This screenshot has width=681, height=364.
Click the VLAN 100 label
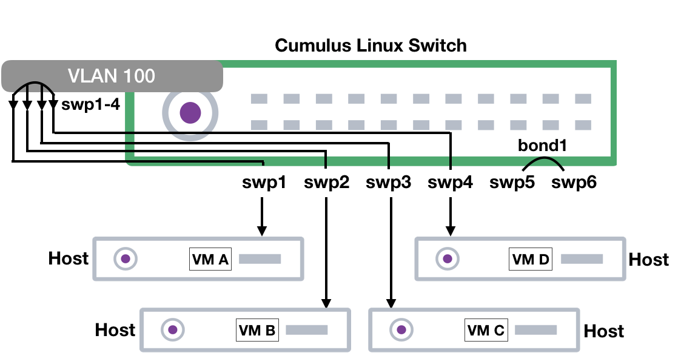(112, 76)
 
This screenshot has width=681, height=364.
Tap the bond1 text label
(542, 146)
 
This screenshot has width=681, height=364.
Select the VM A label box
(210, 260)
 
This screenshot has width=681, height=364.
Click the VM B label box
(257, 331)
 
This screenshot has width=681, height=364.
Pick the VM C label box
(486, 331)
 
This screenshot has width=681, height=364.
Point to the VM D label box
(531, 260)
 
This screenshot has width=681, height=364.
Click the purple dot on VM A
(126, 259)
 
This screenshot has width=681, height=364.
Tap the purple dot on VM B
(172, 330)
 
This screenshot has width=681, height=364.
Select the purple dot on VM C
(401, 330)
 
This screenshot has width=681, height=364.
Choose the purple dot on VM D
(448, 259)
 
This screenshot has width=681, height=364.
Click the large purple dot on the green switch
(190, 113)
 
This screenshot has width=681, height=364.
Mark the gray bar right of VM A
(260, 259)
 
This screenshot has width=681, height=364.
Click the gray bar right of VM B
(306, 330)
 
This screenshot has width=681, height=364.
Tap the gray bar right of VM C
(535, 330)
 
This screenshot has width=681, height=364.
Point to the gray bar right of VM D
(582, 259)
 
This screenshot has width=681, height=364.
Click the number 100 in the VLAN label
(138, 76)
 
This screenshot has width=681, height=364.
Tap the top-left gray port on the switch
(259, 99)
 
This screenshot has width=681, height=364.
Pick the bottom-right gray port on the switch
(583, 125)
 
